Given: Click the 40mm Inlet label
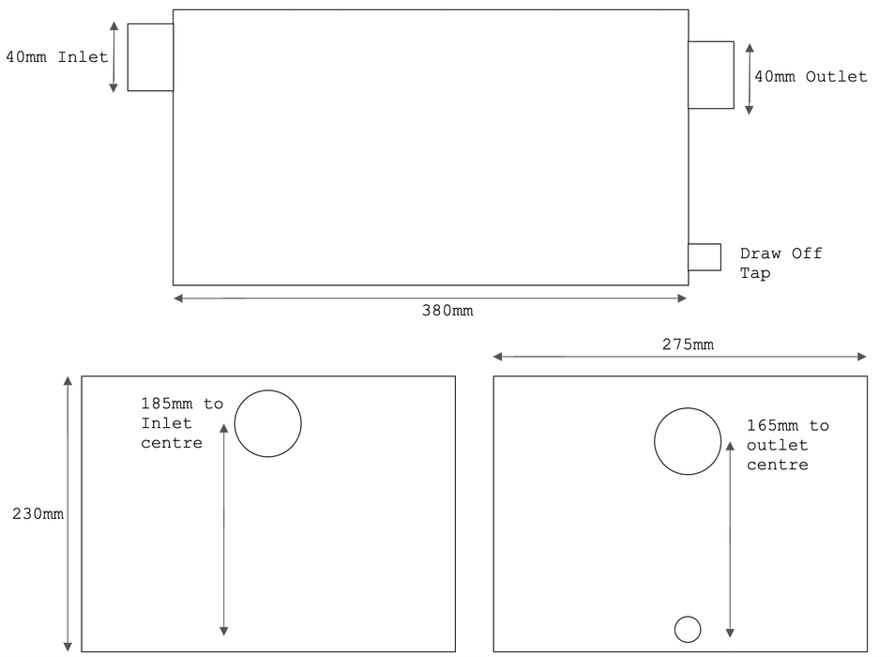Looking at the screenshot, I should [x=57, y=57].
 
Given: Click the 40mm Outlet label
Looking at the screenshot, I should [x=811, y=77].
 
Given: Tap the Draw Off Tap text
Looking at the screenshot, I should [x=780, y=264].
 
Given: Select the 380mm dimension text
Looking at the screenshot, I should [x=447, y=311].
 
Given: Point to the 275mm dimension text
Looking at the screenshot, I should [x=688, y=344].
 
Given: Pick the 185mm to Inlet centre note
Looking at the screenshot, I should [x=182, y=423].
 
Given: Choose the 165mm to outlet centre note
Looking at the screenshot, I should [x=787, y=445].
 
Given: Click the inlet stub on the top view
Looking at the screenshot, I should [x=150, y=57].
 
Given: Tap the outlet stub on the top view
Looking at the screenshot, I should [x=711, y=75].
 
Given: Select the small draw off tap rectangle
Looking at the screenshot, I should [x=704, y=257].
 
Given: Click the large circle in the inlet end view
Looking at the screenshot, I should [x=268, y=423].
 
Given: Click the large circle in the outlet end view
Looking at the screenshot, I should [x=688, y=441].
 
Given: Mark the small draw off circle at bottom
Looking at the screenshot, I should [x=688, y=629].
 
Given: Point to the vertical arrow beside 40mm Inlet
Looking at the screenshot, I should [x=114, y=57].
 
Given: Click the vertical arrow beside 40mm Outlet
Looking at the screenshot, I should [x=749, y=78].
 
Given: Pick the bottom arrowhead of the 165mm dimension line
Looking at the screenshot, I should [x=730, y=633].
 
